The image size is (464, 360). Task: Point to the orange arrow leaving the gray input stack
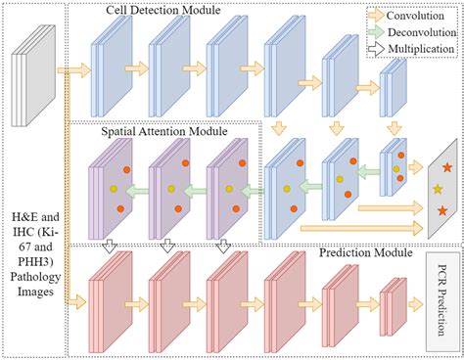[x=70, y=71]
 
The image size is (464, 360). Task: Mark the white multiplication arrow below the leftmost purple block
[x=116, y=244]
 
